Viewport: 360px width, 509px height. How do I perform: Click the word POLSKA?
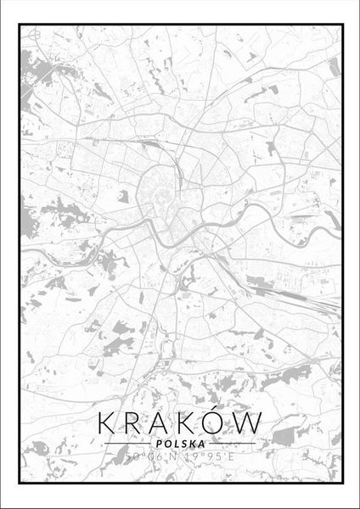pyautogui.click(x=180, y=442)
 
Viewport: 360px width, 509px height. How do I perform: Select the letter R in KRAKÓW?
pyautogui.click(x=136, y=422)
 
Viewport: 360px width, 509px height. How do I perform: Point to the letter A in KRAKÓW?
pyautogui.click(x=163, y=422)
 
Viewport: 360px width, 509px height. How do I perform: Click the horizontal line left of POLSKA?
pyautogui.click(x=128, y=443)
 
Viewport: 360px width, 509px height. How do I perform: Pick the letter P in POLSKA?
pyautogui.click(x=159, y=442)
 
